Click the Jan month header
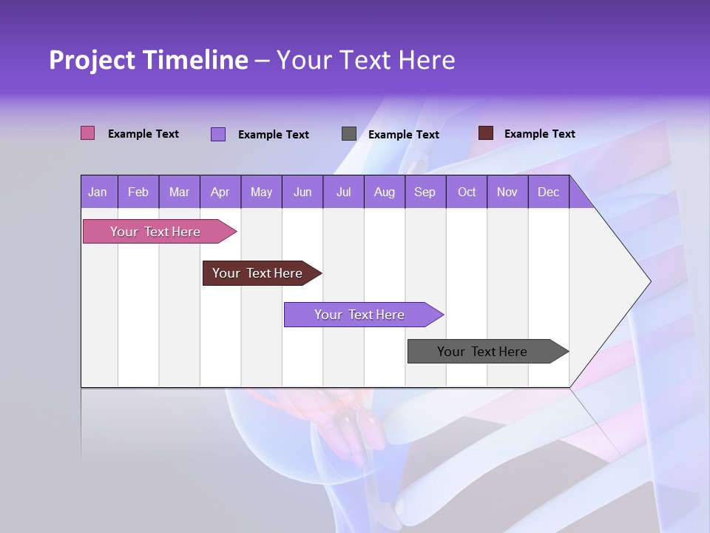click(x=98, y=192)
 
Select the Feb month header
click(x=138, y=192)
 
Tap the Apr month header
click(x=220, y=192)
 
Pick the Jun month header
click(x=302, y=192)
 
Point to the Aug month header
click(x=384, y=192)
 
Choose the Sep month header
click(x=425, y=192)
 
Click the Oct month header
click(x=467, y=192)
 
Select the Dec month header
click(x=548, y=192)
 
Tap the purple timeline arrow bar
click(x=360, y=315)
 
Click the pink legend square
click(x=87, y=133)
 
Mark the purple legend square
click(x=217, y=134)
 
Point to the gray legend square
click(x=348, y=133)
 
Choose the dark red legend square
click(x=485, y=133)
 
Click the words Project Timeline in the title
click(x=148, y=60)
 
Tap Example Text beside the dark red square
click(x=539, y=134)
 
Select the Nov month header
click(x=507, y=192)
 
